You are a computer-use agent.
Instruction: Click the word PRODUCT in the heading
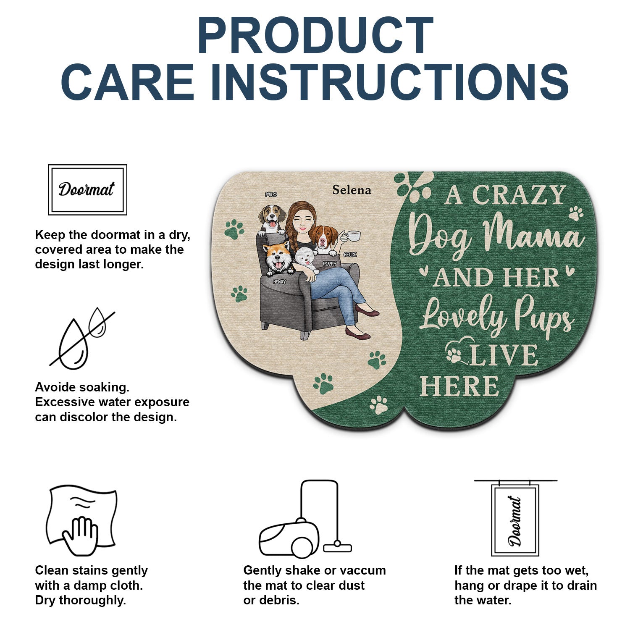[315, 36]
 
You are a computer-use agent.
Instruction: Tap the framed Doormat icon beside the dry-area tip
[87, 189]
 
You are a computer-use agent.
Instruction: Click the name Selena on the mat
[352, 190]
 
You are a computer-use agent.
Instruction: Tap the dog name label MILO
[271, 194]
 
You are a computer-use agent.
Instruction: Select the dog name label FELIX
[350, 255]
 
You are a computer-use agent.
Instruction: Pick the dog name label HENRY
[279, 282]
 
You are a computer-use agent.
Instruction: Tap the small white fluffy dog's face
[305, 256]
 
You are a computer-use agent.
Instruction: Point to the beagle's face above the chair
[271, 218]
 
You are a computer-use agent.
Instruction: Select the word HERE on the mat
[459, 386]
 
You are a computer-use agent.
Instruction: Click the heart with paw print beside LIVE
[457, 352]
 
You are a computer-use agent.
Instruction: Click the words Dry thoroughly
[81, 601]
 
